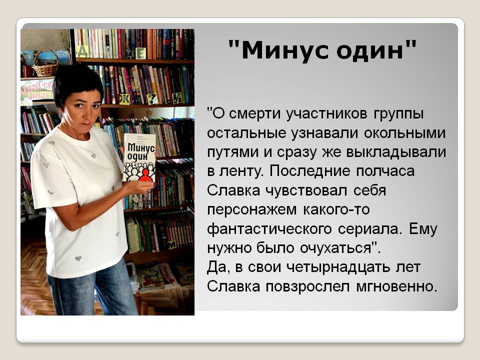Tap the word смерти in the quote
(254, 114)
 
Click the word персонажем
(251, 210)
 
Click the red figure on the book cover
(144, 175)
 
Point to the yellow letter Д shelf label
(82, 51)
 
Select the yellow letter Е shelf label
(141, 54)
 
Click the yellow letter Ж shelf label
(124, 99)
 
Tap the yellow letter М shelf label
(171, 244)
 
